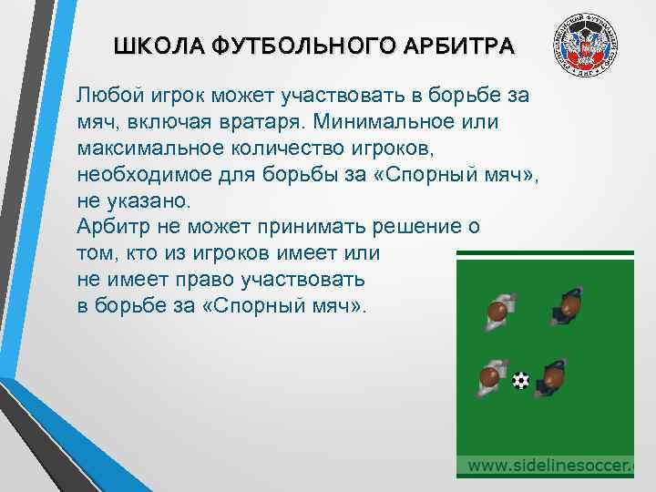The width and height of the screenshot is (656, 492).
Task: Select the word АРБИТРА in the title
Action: click(x=455, y=46)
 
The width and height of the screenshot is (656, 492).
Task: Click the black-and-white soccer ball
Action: click(x=519, y=380)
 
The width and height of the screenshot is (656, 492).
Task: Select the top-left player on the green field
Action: click(x=498, y=311)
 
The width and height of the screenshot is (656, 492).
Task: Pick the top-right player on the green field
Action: click(x=568, y=307)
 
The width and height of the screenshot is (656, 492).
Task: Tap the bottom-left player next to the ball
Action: click(x=491, y=375)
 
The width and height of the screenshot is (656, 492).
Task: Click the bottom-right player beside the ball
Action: click(x=554, y=378)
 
